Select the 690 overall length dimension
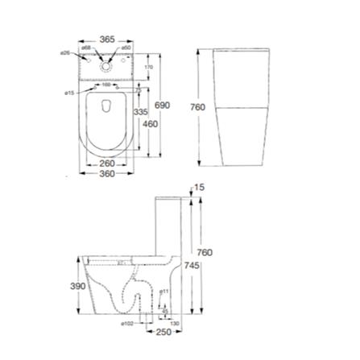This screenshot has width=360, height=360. [163, 106]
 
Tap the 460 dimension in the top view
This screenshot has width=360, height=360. [150, 124]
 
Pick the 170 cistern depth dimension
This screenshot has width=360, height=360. [149, 66]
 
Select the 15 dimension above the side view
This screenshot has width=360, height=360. [201, 187]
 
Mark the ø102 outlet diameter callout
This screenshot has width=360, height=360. [126, 323]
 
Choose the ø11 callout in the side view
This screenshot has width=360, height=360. [163, 290]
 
